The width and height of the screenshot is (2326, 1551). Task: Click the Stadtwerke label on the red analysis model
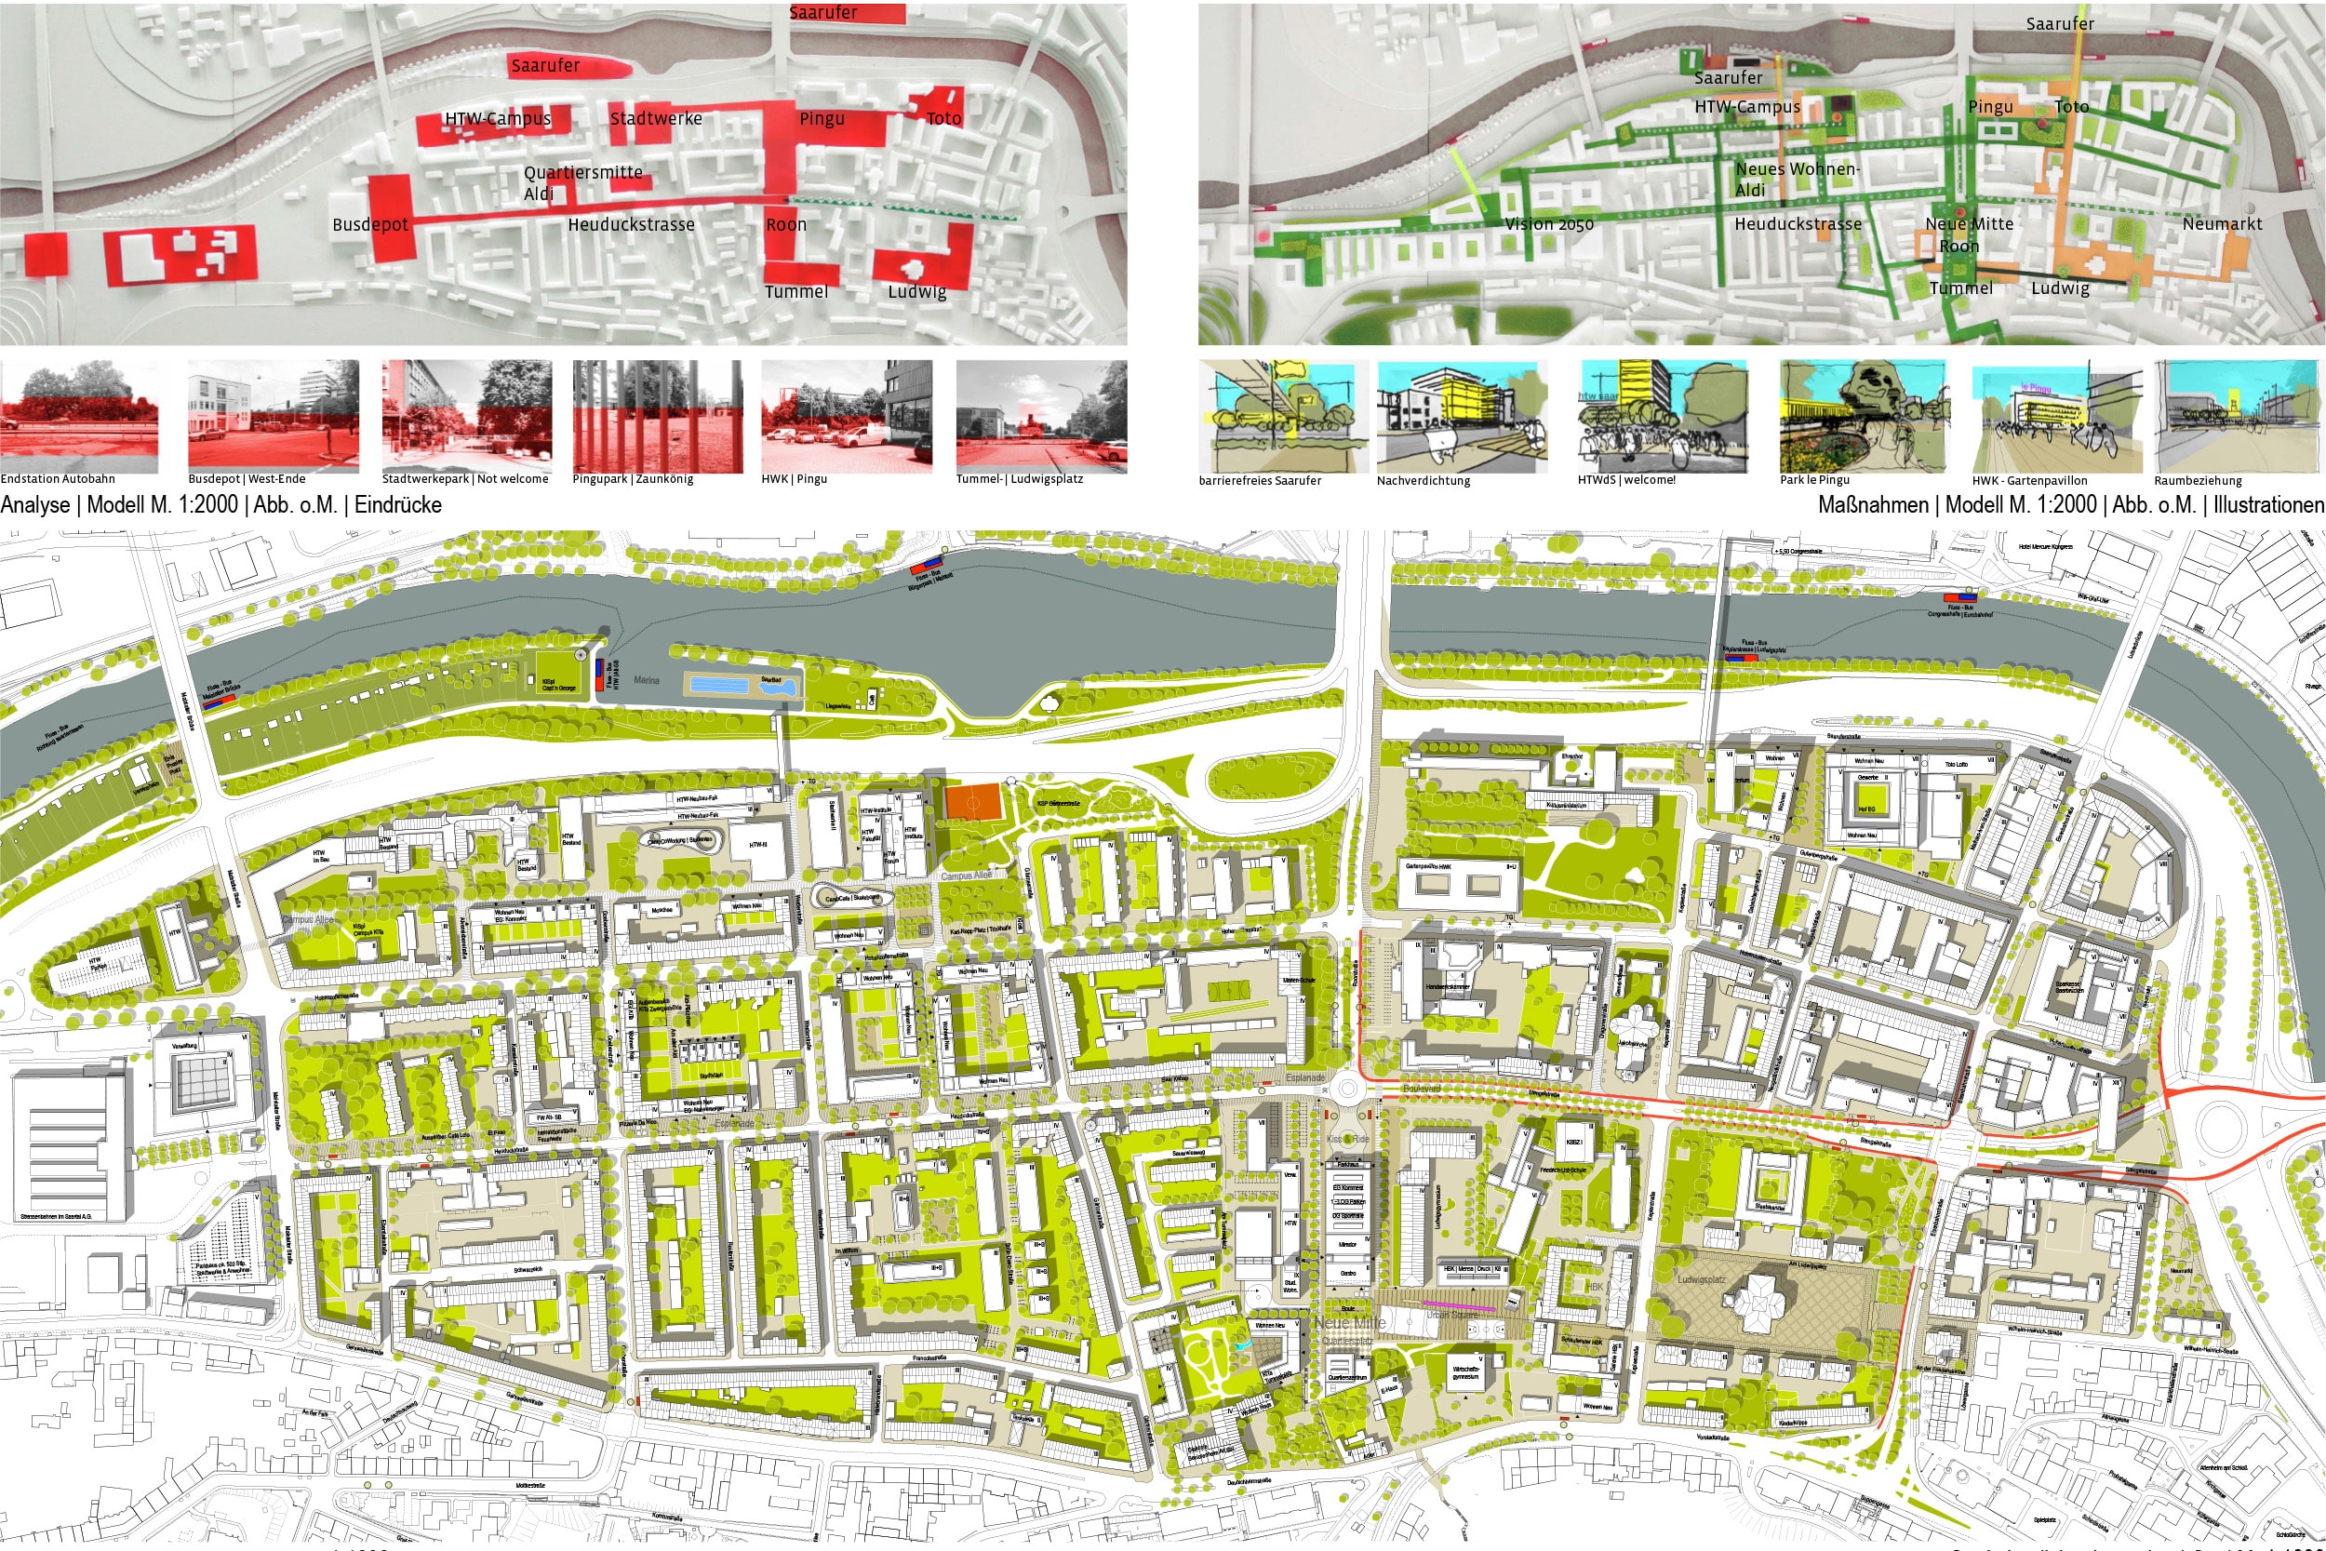(656, 119)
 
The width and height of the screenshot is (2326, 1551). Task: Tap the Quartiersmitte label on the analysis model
(583, 172)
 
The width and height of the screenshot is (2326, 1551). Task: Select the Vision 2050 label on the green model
(1549, 224)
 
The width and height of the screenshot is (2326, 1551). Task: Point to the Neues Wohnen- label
(1797, 169)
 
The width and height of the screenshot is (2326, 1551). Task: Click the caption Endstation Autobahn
(58, 479)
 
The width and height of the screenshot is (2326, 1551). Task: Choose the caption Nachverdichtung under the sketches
(1424, 481)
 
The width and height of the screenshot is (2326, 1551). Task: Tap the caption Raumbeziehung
(2199, 481)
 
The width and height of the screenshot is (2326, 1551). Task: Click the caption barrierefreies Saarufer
(1260, 481)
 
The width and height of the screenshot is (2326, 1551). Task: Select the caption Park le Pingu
(1814, 480)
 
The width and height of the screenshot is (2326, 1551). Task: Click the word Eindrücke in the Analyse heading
(397, 504)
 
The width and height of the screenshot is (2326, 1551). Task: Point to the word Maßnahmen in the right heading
(1873, 504)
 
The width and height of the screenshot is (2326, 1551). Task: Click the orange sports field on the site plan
(973, 801)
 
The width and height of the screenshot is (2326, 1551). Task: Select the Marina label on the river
(646, 680)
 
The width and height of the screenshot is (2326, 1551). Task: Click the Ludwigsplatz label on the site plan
(1701, 1279)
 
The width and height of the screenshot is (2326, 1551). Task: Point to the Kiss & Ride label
(1347, 1140)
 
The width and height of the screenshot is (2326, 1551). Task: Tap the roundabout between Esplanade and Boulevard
(1347, 1090)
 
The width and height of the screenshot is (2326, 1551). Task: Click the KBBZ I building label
(1573, 1142)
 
